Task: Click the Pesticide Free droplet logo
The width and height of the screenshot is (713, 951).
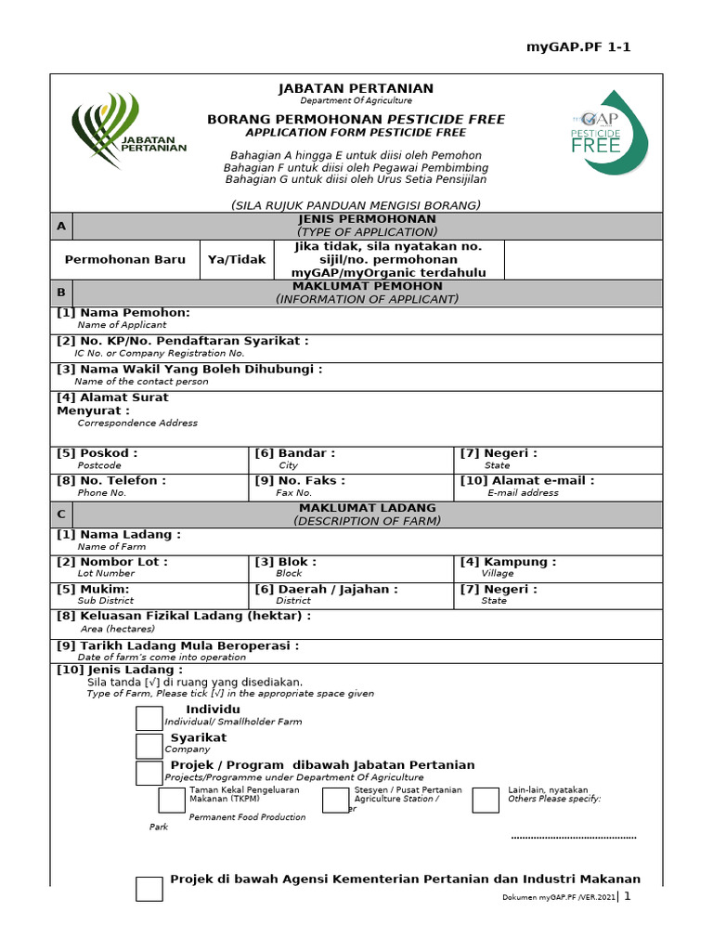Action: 610,132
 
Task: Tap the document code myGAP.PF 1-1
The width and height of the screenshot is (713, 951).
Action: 578,47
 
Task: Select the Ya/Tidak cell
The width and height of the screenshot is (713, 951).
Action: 237,260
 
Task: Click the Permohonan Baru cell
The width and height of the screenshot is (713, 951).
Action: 124,260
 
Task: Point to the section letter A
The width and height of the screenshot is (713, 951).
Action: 61,226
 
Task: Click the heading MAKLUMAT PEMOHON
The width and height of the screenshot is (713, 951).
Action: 367,287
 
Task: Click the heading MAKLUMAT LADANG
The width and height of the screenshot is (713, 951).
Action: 367,509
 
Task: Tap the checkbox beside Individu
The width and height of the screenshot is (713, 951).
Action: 149,718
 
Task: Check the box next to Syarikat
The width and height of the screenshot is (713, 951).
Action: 149,746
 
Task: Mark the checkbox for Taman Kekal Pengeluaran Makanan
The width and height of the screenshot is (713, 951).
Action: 172,800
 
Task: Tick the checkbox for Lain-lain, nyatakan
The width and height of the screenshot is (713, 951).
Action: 486,800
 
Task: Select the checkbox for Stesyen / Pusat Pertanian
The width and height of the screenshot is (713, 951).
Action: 335,800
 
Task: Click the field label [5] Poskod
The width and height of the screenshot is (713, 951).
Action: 97,453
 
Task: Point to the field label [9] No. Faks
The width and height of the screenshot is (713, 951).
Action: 300,481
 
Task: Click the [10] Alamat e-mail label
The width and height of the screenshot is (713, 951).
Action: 527,481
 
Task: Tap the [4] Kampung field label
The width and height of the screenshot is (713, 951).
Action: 509,562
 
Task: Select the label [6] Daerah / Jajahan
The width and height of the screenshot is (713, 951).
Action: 327,589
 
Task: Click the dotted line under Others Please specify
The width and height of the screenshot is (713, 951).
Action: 574,838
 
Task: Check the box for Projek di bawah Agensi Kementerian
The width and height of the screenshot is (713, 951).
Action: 149,889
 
